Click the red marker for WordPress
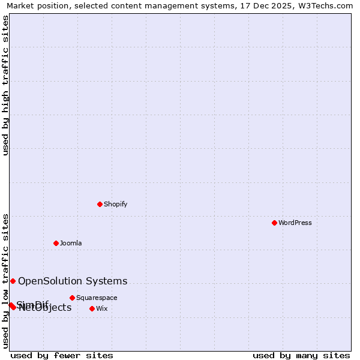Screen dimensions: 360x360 tap(274, 223)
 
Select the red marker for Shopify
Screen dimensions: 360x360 tap(100, 204)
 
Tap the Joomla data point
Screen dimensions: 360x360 tap(56, 243)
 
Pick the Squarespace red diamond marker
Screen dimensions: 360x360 tap(72, 298)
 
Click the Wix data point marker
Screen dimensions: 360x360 tap(92, 308)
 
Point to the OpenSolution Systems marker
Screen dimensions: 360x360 tap(13, 281)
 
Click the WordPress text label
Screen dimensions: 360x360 tap(295, 223)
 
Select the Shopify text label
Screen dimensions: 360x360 tap(115, 204)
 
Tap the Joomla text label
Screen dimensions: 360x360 tap(71, 243)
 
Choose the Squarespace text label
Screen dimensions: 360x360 tap(97, 298)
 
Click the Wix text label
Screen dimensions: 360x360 tap(102, 308)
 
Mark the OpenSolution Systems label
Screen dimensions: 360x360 tap(73, 281)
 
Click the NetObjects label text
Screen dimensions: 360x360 tap(46, 308)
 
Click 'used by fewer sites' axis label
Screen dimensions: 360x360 tap(62, 355)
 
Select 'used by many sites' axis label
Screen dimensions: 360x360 tap(301, 355)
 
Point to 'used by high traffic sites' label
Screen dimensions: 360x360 tap(5, 85)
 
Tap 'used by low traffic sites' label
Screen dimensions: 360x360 tap(5, 281)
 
